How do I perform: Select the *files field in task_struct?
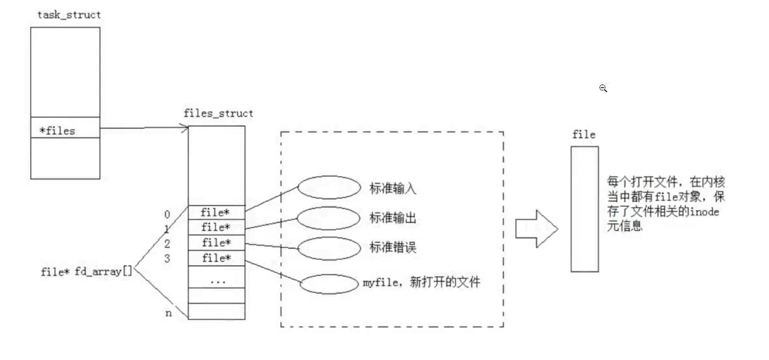pos(58,131)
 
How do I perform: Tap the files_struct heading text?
pos(219,113)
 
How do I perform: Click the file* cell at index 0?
pos(215,212)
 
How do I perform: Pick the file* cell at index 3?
pos(215,258)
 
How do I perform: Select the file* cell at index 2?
pos(215,242)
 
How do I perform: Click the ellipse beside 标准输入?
pos(325,189)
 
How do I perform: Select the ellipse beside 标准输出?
pos(325,218)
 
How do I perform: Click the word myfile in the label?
pos(375,283)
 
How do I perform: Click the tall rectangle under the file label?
pos(584,209)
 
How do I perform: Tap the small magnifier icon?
pos(603,88)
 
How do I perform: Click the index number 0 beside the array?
pos(168,213)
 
